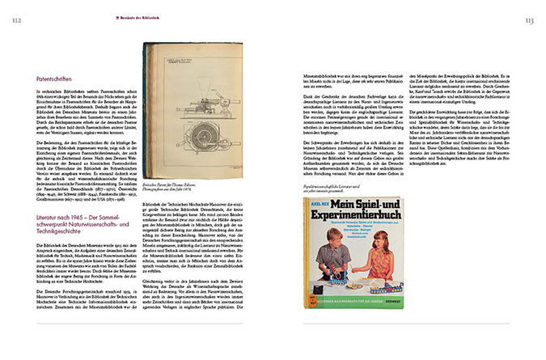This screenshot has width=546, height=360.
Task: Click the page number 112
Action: tap(16, 19)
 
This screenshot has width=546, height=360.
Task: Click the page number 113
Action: tap(529, 19)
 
